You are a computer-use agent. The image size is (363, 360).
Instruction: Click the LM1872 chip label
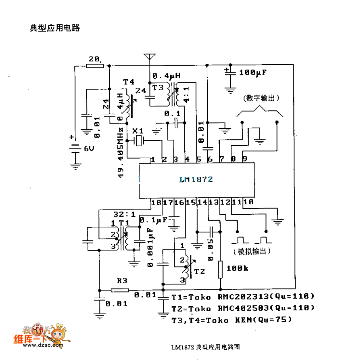tap(196, 179)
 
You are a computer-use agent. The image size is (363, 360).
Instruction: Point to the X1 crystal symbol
tap(139, 141)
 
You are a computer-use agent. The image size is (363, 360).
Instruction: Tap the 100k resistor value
tap(238, 268)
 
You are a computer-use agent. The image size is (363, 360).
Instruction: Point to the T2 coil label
tap(199, 271)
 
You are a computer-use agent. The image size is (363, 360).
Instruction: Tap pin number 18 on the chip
tap(156, 202)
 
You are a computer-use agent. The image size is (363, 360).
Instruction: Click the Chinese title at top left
tap(55, 28)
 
